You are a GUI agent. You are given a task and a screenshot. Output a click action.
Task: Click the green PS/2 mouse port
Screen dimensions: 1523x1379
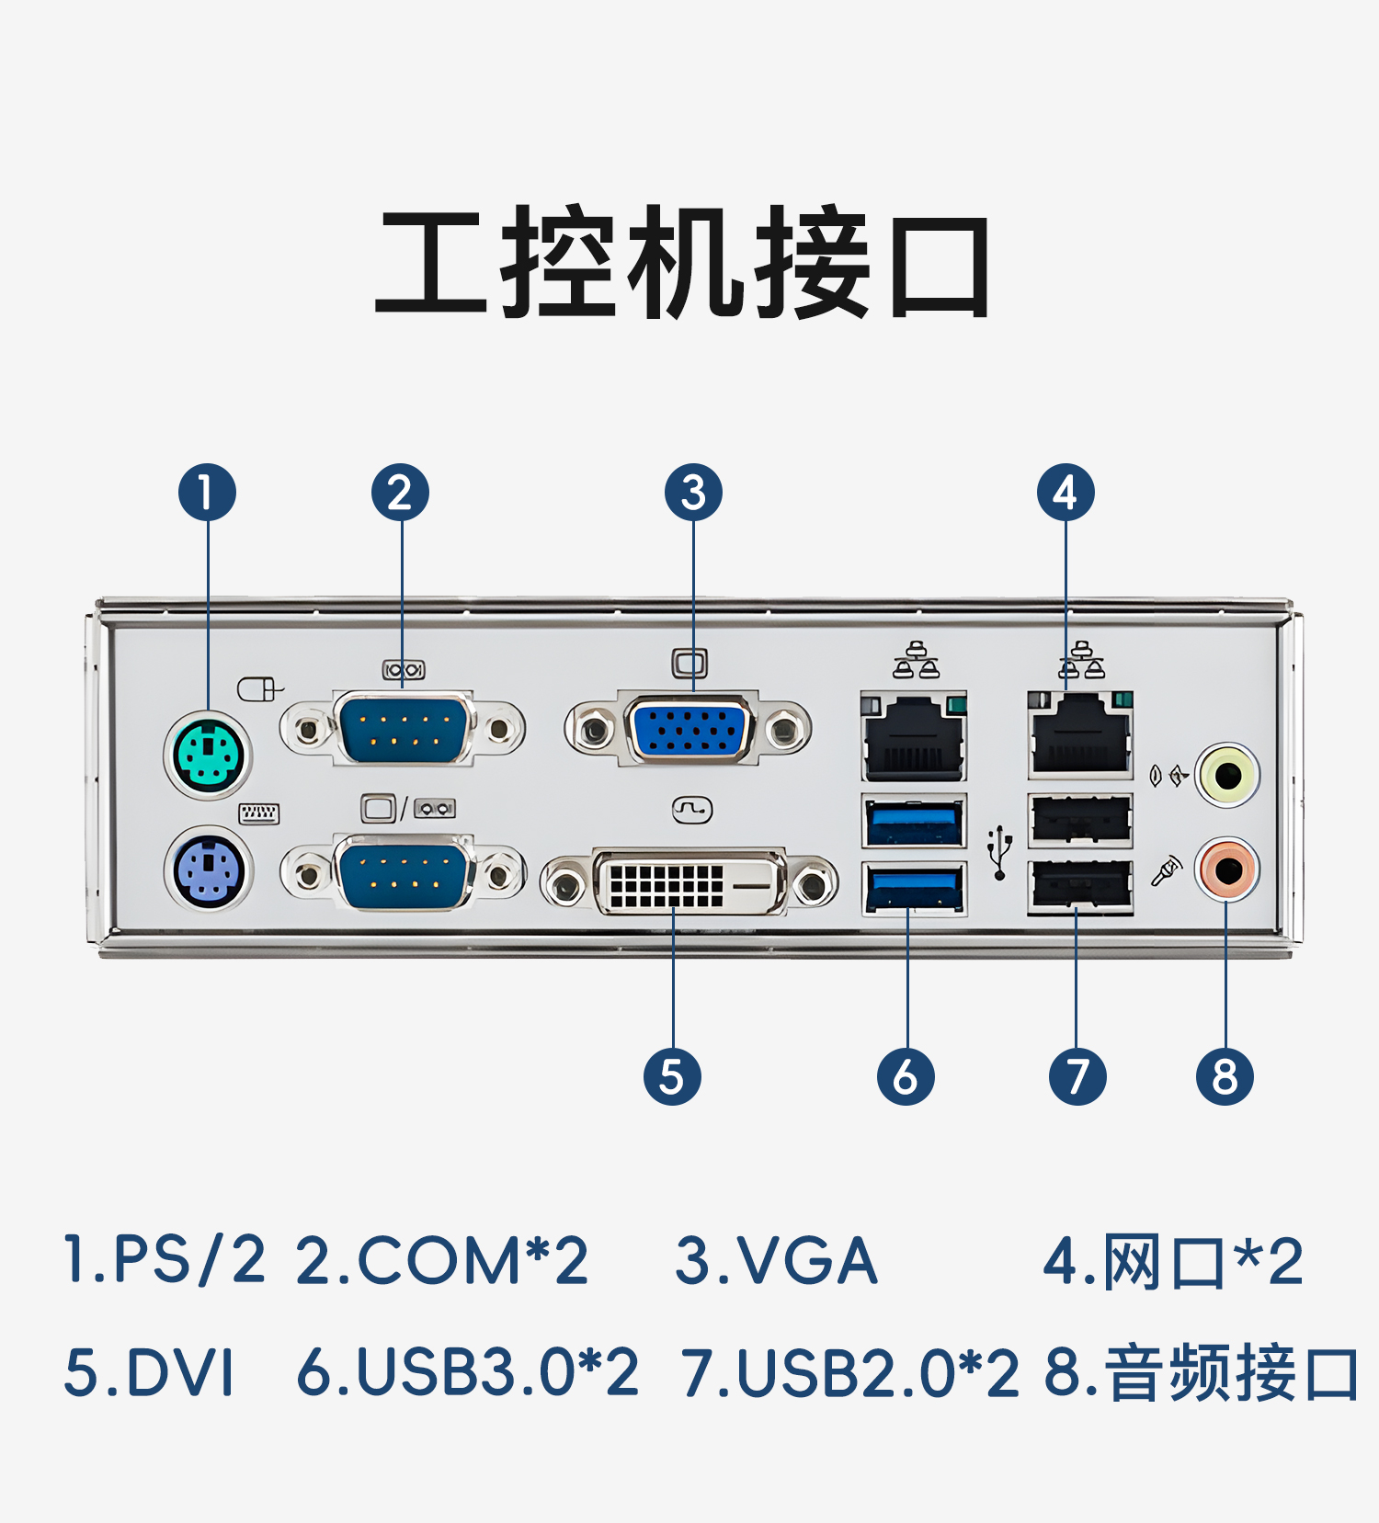tap(209, 756)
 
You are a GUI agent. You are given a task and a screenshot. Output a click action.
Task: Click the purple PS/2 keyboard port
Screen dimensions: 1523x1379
tap(209, 869)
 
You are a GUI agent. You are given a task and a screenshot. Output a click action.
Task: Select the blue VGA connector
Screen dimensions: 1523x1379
tap(689, 729)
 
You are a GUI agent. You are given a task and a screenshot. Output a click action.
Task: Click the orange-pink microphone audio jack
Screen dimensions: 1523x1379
tap(1227, 869)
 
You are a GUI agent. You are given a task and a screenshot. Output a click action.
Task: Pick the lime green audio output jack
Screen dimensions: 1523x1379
tap(1227, 775)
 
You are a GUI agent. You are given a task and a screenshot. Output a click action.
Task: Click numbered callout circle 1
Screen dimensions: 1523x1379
tap(207, 492)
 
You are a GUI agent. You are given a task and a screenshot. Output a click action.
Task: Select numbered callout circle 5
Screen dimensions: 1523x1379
tap(672, 1076)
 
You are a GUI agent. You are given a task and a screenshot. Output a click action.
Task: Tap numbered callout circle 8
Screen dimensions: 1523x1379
tap(1225, 1076)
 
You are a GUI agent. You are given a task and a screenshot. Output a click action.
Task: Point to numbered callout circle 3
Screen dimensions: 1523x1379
tap(693, 492)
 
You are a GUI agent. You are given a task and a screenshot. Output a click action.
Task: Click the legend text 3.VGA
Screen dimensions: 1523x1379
tap(776, 1260)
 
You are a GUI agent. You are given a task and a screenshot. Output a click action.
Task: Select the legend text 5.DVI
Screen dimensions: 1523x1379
tap(149, 1372)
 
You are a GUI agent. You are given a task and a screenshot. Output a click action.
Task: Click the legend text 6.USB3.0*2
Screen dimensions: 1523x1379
tap(467, 1372)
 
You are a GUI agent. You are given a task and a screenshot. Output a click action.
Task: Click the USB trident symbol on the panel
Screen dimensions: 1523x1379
tap(999, 852)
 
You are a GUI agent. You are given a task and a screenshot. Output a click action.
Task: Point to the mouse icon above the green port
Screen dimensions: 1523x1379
tap(259, 688)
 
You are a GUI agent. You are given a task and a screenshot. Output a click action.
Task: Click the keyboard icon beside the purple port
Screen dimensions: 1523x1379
tap(259, 813)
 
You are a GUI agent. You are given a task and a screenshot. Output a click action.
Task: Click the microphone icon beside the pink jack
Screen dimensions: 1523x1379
tap(1166, 871)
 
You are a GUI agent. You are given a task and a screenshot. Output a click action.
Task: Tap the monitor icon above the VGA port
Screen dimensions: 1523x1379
tap(689, 663)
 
